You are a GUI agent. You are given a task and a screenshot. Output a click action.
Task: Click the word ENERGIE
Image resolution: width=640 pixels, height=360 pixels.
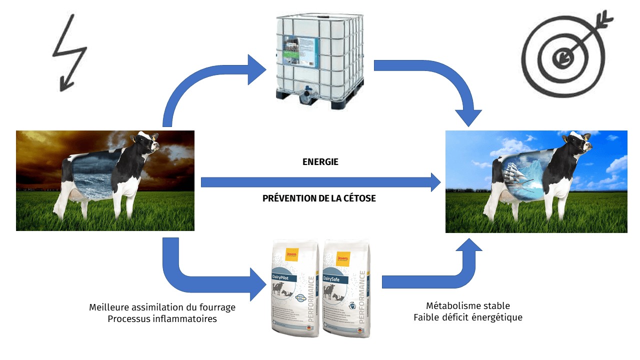(320, 162)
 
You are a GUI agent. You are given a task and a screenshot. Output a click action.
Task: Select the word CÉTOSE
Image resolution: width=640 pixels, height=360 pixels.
(357, 198)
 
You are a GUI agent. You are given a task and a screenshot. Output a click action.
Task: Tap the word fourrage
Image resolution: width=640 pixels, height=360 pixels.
(215, 307)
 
